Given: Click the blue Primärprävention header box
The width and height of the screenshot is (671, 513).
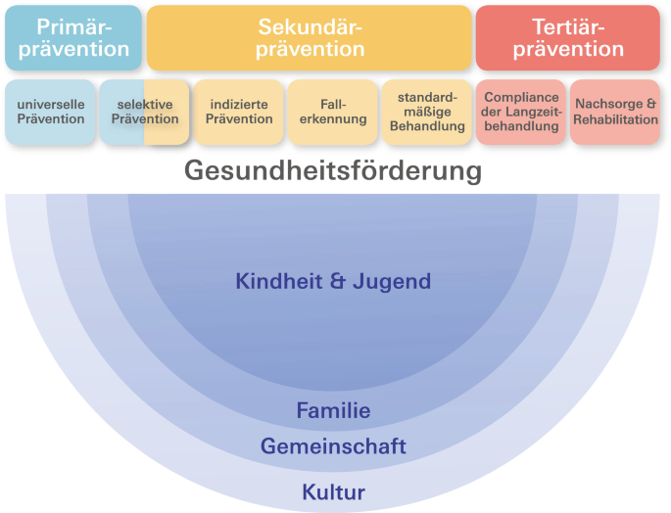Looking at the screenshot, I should pos(73,37).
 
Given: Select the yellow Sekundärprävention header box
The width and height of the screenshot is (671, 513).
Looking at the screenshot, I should pos(310,37).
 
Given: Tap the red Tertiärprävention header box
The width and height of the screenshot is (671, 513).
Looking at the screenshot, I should pos(568,37).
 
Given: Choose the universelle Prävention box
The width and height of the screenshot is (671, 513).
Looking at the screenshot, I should pos(50,112).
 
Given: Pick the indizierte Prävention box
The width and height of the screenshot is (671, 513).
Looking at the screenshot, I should pos(238,112).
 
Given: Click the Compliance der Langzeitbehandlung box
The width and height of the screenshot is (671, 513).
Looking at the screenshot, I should pos(520,112).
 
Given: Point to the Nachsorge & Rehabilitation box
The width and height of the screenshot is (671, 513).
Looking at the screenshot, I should pos(615,112).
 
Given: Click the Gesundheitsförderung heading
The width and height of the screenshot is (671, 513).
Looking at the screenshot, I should pos(333,171).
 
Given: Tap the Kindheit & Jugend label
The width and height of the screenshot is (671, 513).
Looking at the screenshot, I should pos(333,282).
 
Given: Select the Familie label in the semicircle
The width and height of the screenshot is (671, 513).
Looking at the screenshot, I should pos(333,411).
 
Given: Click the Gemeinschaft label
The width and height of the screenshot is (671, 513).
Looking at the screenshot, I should pos(333,447).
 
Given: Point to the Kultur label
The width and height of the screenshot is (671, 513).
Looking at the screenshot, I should pos(333,491).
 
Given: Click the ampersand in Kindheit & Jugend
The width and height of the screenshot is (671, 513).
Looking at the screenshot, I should pos(339,282).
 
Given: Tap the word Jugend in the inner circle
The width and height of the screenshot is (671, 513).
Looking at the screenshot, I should pos(392,283).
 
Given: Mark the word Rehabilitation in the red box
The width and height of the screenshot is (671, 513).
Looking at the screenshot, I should pos(616,119).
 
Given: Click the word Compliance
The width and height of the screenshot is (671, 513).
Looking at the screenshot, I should pos(521,98).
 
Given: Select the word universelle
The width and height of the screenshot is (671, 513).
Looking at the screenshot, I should pos(51,105).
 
